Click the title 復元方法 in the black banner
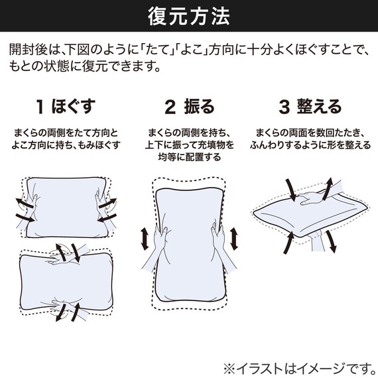(188, 15)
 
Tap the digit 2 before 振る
(170, 107)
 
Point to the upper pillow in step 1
(64, 207)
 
